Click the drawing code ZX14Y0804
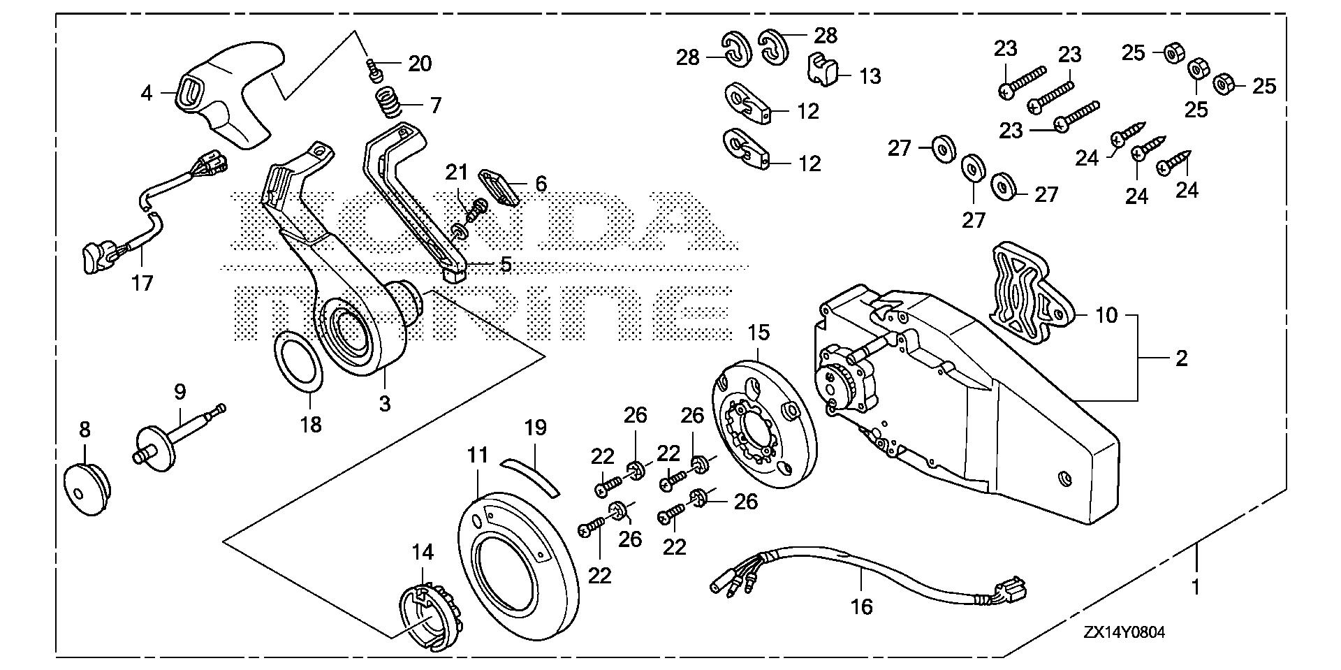1124,632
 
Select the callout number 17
142,283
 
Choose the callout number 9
179,392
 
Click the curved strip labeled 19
530,476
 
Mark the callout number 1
1195,588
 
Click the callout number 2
1181,358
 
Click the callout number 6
541,184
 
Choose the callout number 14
423,553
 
